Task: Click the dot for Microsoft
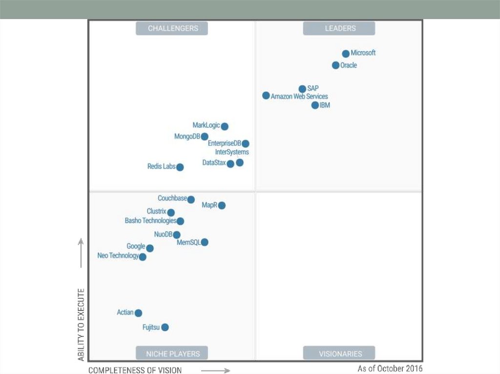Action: [x=346, y=54]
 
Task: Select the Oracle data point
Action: [x=335, y=65]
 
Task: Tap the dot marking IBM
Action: [x=315, y=105]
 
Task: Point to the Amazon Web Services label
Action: [x=299, y=97]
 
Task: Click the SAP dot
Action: [x=302, y=89]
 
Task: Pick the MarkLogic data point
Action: [x=225, y=126]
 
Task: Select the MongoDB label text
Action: [x=187, y=137]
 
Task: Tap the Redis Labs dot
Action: [x=180, y=167]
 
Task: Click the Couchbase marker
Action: [x=191, y=199]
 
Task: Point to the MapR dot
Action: [x=222, y=205]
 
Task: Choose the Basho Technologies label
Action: [x=150, y=221]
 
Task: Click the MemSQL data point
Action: [x=205, y=242]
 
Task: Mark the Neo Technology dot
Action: [x=143, y=257]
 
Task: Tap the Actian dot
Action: [x=138, y=313]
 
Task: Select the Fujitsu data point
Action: [x=165, y=327]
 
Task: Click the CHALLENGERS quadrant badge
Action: [x=172, y=28]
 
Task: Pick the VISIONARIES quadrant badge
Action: [x=339, y=353]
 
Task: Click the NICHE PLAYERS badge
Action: [x=172, y=353]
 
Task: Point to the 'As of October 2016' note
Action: [x=390, y=368]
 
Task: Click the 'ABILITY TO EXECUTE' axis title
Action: [x=81, y=325]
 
